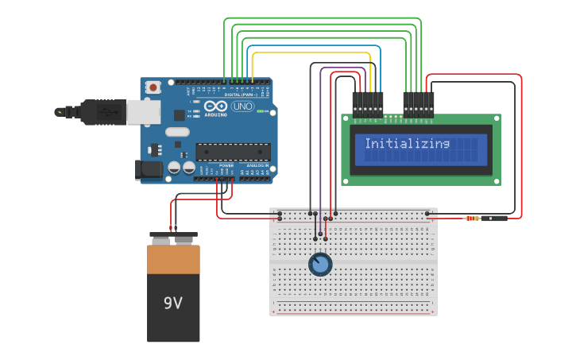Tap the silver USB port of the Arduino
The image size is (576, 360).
pos(144,112)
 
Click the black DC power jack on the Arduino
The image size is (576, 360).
pos(149,169)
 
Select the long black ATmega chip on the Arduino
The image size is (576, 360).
pos(233,151)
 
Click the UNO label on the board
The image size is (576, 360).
pos(242,106)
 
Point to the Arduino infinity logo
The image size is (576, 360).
pos(215,106)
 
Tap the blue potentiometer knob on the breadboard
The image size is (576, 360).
pos(319,264)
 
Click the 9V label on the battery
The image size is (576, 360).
pos(173,303)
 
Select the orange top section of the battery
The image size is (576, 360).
pos(173,259)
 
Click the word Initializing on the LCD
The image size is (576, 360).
pos(407,144)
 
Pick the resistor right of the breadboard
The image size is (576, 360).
pos(473,218)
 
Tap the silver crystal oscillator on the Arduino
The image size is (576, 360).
pos(177,132)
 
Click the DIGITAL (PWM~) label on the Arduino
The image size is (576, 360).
pos(238,95)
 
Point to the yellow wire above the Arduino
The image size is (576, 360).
pos(310,54)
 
